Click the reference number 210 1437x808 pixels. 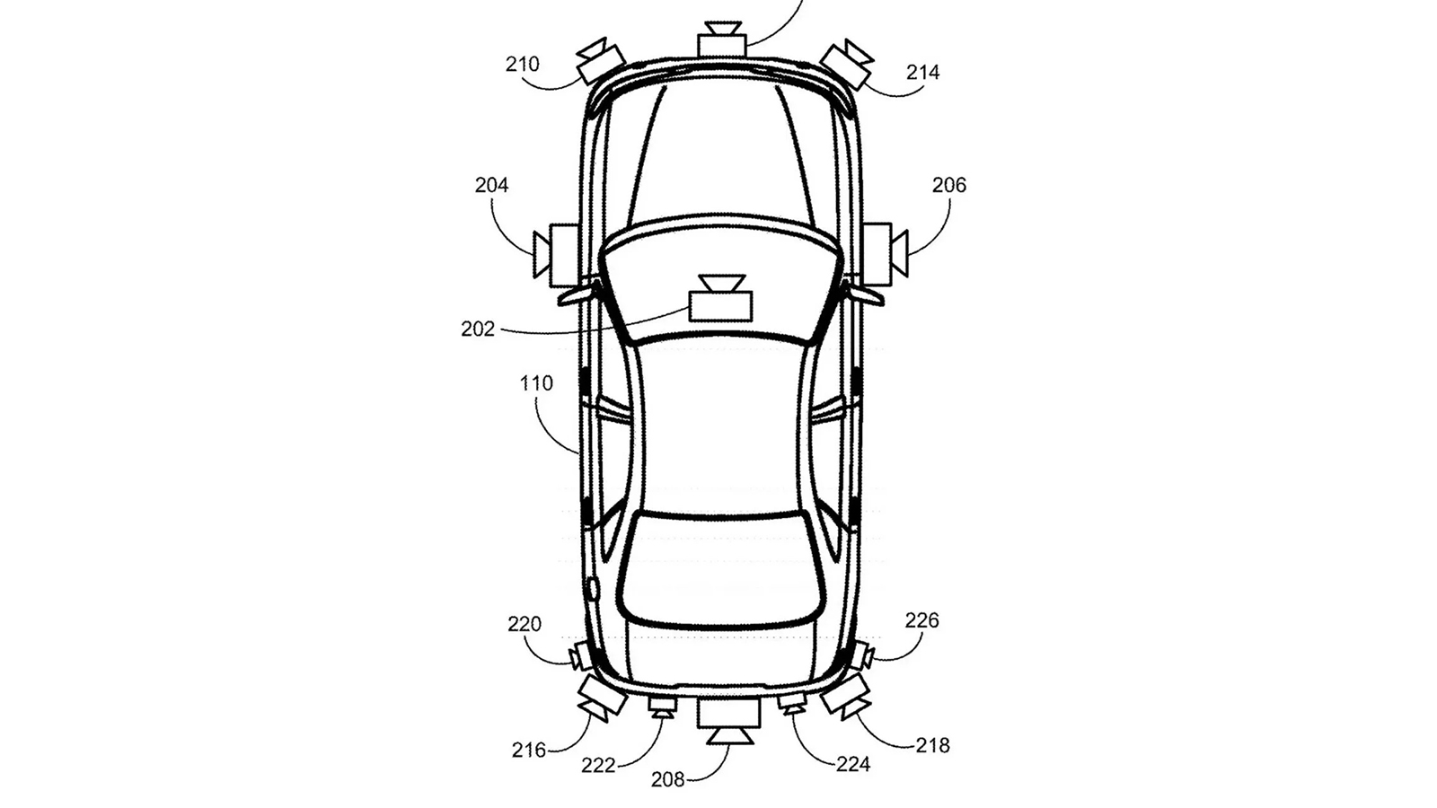pyautogui.click(x=522, y=64)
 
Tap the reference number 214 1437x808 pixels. pyautogui.click(x=922, y=73)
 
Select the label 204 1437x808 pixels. pyautogui.click(x=491, y=185)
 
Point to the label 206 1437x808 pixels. pyautogui.click(x=948, y=185)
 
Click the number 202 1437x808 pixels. pyautogui.click(x=478, y=329)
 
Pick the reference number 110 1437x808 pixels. pyautogui.click(x=535, y=383)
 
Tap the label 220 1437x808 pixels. pyautogui.click(x=525, y=624)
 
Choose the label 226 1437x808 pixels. pyautogui.click(x=921, y=620)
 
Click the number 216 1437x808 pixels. pyautogui.click(x=529, y=750)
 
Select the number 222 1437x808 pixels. pyautogui.click(x=598, y=765)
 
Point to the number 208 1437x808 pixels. pyautogui.click(x=668, y=779)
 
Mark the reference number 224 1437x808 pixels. pyautogui.click(x=853, y=764)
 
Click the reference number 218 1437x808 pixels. pyautogui.click(x=932, y=745)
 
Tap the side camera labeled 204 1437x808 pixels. pyautogui.click(x=556, y=255)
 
